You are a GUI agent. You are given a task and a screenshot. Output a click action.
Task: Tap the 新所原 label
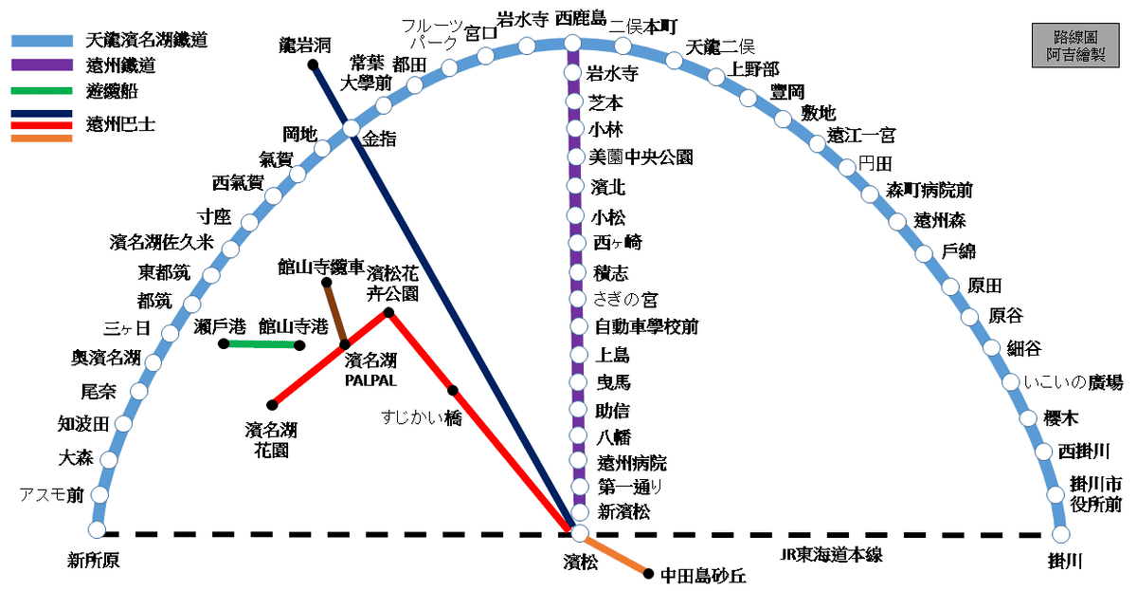[x=94, y=561]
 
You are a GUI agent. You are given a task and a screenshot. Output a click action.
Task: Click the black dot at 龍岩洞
[x=313, y=65]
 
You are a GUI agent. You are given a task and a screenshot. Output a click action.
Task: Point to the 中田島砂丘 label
[x=703, y=575]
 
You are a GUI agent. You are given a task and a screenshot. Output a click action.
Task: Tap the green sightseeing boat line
[x=262, y=344]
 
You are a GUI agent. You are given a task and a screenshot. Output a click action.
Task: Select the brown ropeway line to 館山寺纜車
[x=335, y=313]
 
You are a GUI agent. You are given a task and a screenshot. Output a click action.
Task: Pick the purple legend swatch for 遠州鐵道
[x=42, y=65]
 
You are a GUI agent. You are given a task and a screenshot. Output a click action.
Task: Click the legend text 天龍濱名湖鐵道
[x=146, y=40]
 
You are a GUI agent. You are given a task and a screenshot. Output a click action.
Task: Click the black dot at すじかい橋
[x=453, y=391]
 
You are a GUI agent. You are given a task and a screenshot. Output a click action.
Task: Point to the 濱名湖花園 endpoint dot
[x=272, y=404]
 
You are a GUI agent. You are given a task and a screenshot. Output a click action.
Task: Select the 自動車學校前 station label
[x=646, y=327]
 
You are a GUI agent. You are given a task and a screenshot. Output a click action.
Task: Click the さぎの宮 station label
[x=625, y=300]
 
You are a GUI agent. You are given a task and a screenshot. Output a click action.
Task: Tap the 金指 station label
[x=378, y=139]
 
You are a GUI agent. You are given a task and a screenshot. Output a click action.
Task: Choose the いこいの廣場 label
[x=1073, y=382]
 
